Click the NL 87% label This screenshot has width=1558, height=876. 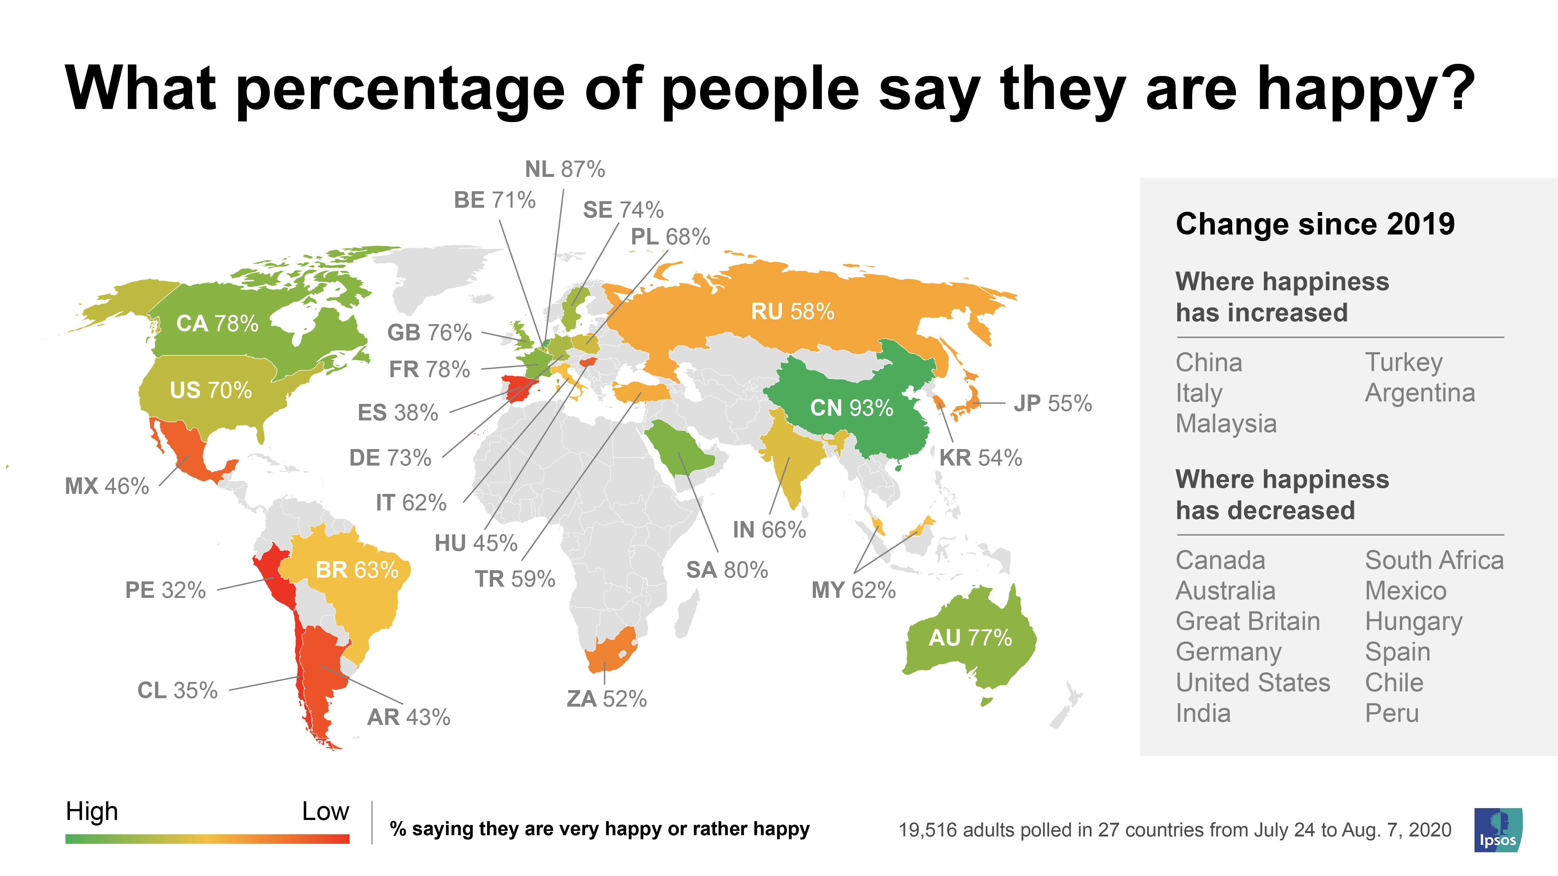click(564, 169)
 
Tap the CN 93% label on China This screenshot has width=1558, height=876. click(851, 408)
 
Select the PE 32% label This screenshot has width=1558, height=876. click(165, 590)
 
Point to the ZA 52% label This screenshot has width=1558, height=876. click(606, 699)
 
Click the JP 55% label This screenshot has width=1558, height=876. click(1052, 403)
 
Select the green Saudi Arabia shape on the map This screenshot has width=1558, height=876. click(680, 450)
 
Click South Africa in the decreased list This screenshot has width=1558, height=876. click(1433, 561)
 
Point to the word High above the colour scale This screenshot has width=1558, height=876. click(92, 811)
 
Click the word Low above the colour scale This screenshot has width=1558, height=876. click(325, 811)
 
